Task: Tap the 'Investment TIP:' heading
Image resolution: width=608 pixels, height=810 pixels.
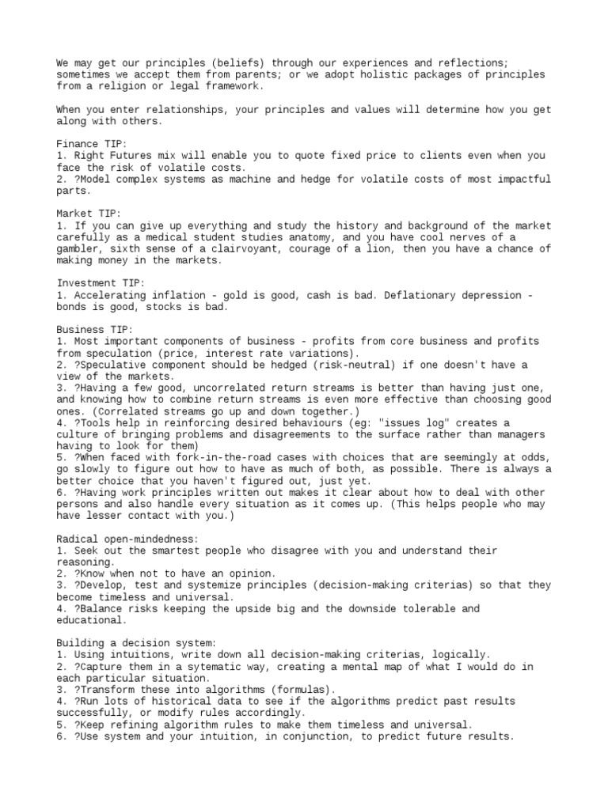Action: [97, 283]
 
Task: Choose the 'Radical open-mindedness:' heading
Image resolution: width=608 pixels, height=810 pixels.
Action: [126, 539]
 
